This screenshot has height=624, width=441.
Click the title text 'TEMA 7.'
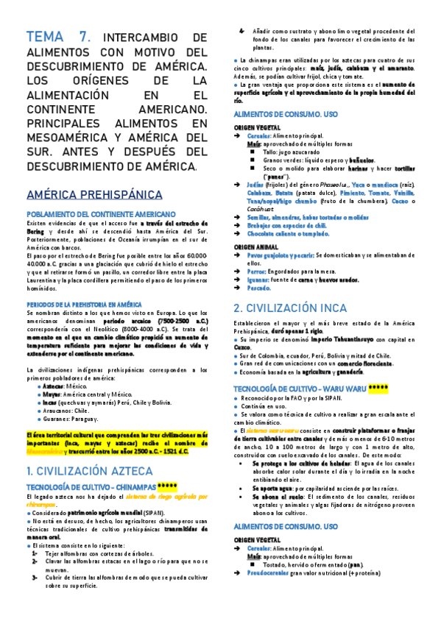[58, 37]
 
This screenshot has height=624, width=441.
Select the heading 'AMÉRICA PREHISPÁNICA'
[94, 194]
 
